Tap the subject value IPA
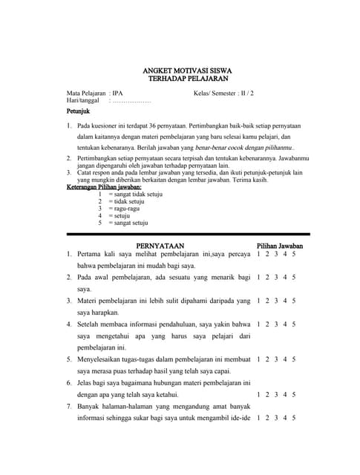tap(118, 94)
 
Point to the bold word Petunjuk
tap(78, 111)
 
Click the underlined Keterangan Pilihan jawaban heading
tap(104, 187)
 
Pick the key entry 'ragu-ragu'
tap(123, 209)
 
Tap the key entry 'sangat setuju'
tap(128, 223)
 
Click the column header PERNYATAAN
tap(160, 246)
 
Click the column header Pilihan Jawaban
tap(279, 246)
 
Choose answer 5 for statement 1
tap(294, 255)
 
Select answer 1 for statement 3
tap(258, 301)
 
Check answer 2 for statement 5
tap(266, 358)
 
